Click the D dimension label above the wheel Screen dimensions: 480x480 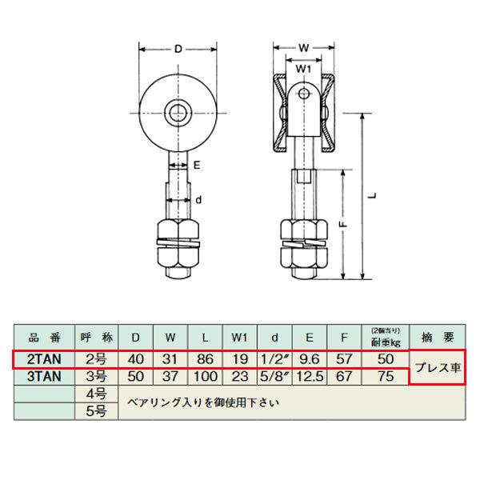tap(178, 49)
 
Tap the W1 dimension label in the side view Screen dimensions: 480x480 tap(303, 69)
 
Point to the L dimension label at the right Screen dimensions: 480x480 tap(373, 196)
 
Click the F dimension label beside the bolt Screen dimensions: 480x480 tap(344, 224)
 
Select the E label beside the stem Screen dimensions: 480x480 tap(197, 166)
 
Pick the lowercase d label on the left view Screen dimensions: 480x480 tap(198, 200)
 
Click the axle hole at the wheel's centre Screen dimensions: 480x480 tap(178, 114)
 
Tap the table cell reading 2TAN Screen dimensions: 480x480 tap(44, 359)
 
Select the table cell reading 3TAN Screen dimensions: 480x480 tap(44, 377)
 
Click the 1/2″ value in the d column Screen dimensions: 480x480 tap(275, 359)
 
